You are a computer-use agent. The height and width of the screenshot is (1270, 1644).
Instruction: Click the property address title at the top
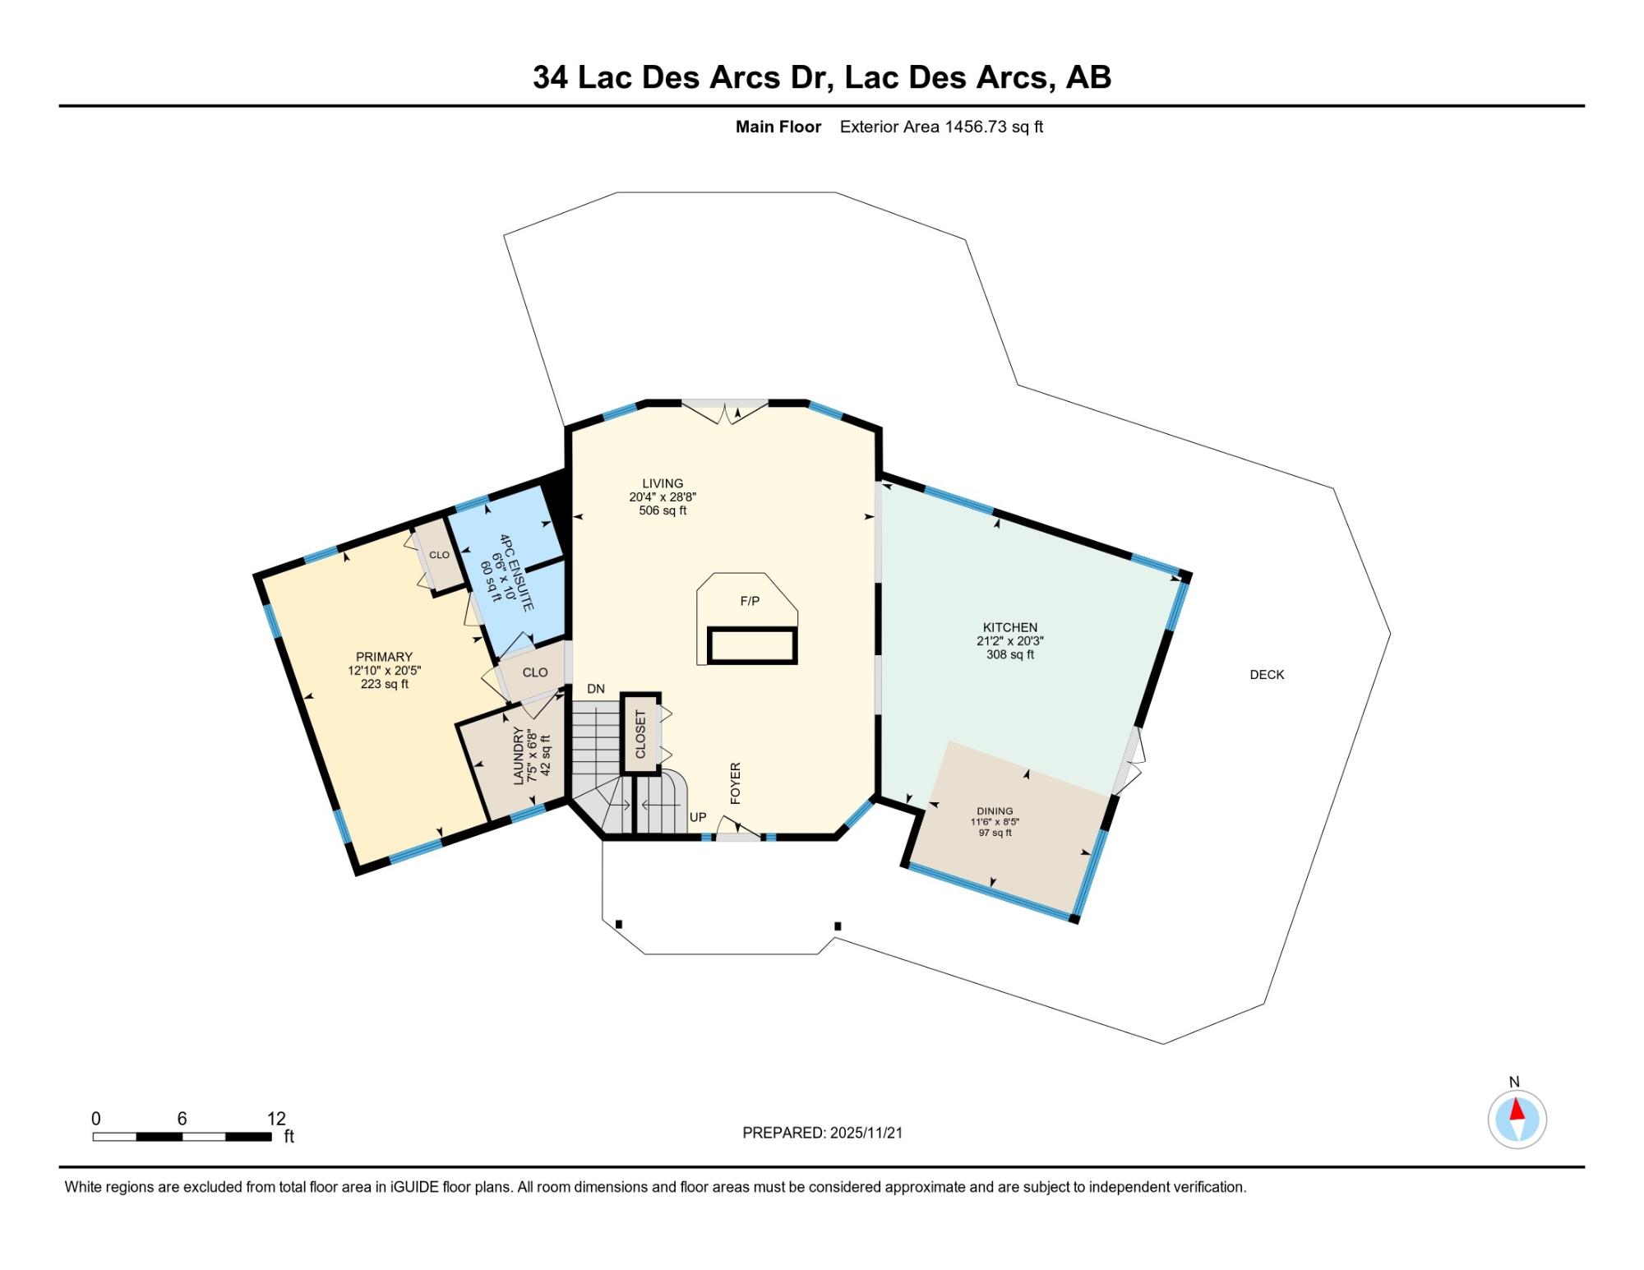point(822,77)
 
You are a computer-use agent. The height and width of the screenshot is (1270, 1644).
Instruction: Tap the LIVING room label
point(663,483)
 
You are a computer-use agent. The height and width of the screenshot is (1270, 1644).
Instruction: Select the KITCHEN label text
point(1010,627)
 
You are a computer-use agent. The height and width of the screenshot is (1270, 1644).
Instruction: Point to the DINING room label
point(995,810)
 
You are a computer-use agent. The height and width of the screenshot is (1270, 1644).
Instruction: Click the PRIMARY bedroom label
point(384,657)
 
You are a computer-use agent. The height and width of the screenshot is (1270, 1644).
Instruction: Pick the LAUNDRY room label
point(519,755)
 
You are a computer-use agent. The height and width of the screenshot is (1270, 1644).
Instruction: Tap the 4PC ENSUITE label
point(516,572)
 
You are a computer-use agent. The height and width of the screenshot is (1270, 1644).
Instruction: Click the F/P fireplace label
point(750,601)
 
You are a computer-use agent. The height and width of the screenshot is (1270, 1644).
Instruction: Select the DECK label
point(1267,675)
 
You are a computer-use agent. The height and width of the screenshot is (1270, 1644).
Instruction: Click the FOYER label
point(736,783)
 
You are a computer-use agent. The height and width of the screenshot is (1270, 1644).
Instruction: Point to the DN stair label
point(596,689)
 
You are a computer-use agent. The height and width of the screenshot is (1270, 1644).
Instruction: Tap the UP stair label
point(698,817)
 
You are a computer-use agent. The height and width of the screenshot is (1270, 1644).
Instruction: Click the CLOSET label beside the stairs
point(641,734)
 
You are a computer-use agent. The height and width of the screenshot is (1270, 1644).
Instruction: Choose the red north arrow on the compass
point(1517,1110)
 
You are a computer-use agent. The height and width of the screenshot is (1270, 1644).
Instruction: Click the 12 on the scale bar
point(276,1118)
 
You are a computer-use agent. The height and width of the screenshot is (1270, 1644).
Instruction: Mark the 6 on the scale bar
point(182,1118)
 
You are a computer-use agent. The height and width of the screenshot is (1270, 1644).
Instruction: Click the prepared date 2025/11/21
point(866,1133)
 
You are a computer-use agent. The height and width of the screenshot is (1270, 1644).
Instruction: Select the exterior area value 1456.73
point(976,127)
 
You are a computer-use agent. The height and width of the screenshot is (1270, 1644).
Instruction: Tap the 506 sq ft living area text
point(663,510)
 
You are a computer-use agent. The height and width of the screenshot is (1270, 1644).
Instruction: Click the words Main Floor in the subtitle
point(778,127)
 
